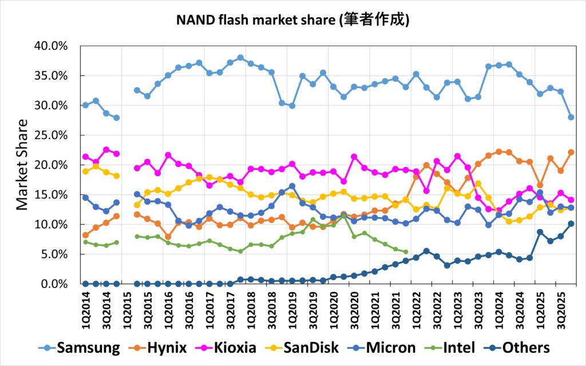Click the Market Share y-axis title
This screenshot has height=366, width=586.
point(21,165)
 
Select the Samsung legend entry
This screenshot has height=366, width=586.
point(89,347)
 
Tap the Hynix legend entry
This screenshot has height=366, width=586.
point(170,347)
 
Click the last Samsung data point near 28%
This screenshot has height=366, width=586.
point(571,117)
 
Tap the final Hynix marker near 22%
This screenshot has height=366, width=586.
point(571,152)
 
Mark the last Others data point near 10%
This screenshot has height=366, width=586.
point(571,224)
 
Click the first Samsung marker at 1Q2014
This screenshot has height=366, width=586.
point(85,105)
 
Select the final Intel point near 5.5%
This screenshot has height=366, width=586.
point(406,252)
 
